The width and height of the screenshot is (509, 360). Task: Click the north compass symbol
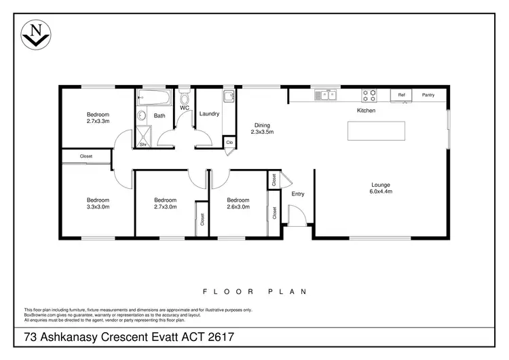(36, 35)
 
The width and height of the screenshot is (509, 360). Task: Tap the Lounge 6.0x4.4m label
(381, 188)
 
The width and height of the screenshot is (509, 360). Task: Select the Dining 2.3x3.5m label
(262, 129)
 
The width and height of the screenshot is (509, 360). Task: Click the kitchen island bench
(376, 130)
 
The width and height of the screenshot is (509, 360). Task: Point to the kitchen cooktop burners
(369, 96)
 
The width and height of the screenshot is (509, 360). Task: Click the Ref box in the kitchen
(401, 95)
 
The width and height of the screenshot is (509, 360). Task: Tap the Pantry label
(428, 95)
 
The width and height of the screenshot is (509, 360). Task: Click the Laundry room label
(210, 114)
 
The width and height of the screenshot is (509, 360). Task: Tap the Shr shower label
(143, 144)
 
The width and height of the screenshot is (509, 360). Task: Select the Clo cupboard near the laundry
(229, 143)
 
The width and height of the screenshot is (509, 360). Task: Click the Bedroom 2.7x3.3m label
(98, 118)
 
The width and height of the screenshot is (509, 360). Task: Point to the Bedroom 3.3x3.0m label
(98, 204)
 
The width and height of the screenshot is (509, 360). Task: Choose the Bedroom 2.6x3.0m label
(238, 204)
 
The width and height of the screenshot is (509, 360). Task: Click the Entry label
(298, 194)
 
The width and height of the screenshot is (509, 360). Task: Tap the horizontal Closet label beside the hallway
(86, 157)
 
